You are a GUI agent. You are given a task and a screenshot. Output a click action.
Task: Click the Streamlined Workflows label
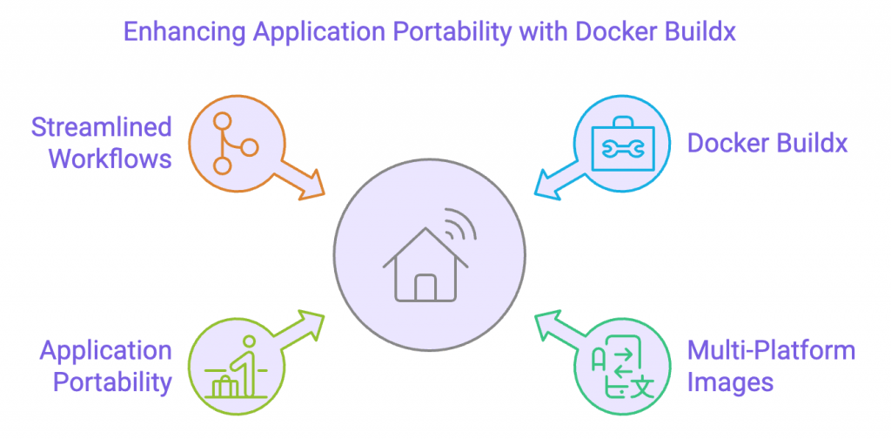click(102, 143)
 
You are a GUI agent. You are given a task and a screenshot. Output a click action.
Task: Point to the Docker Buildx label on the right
click(767, 144)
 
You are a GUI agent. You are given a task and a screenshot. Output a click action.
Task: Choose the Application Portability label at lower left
click(105, 367)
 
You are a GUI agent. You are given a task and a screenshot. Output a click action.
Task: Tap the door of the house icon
click(425, 287)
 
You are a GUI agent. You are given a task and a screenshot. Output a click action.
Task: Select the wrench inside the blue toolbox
click(623, 149)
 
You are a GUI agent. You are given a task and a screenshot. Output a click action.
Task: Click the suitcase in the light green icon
click(224, 386)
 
